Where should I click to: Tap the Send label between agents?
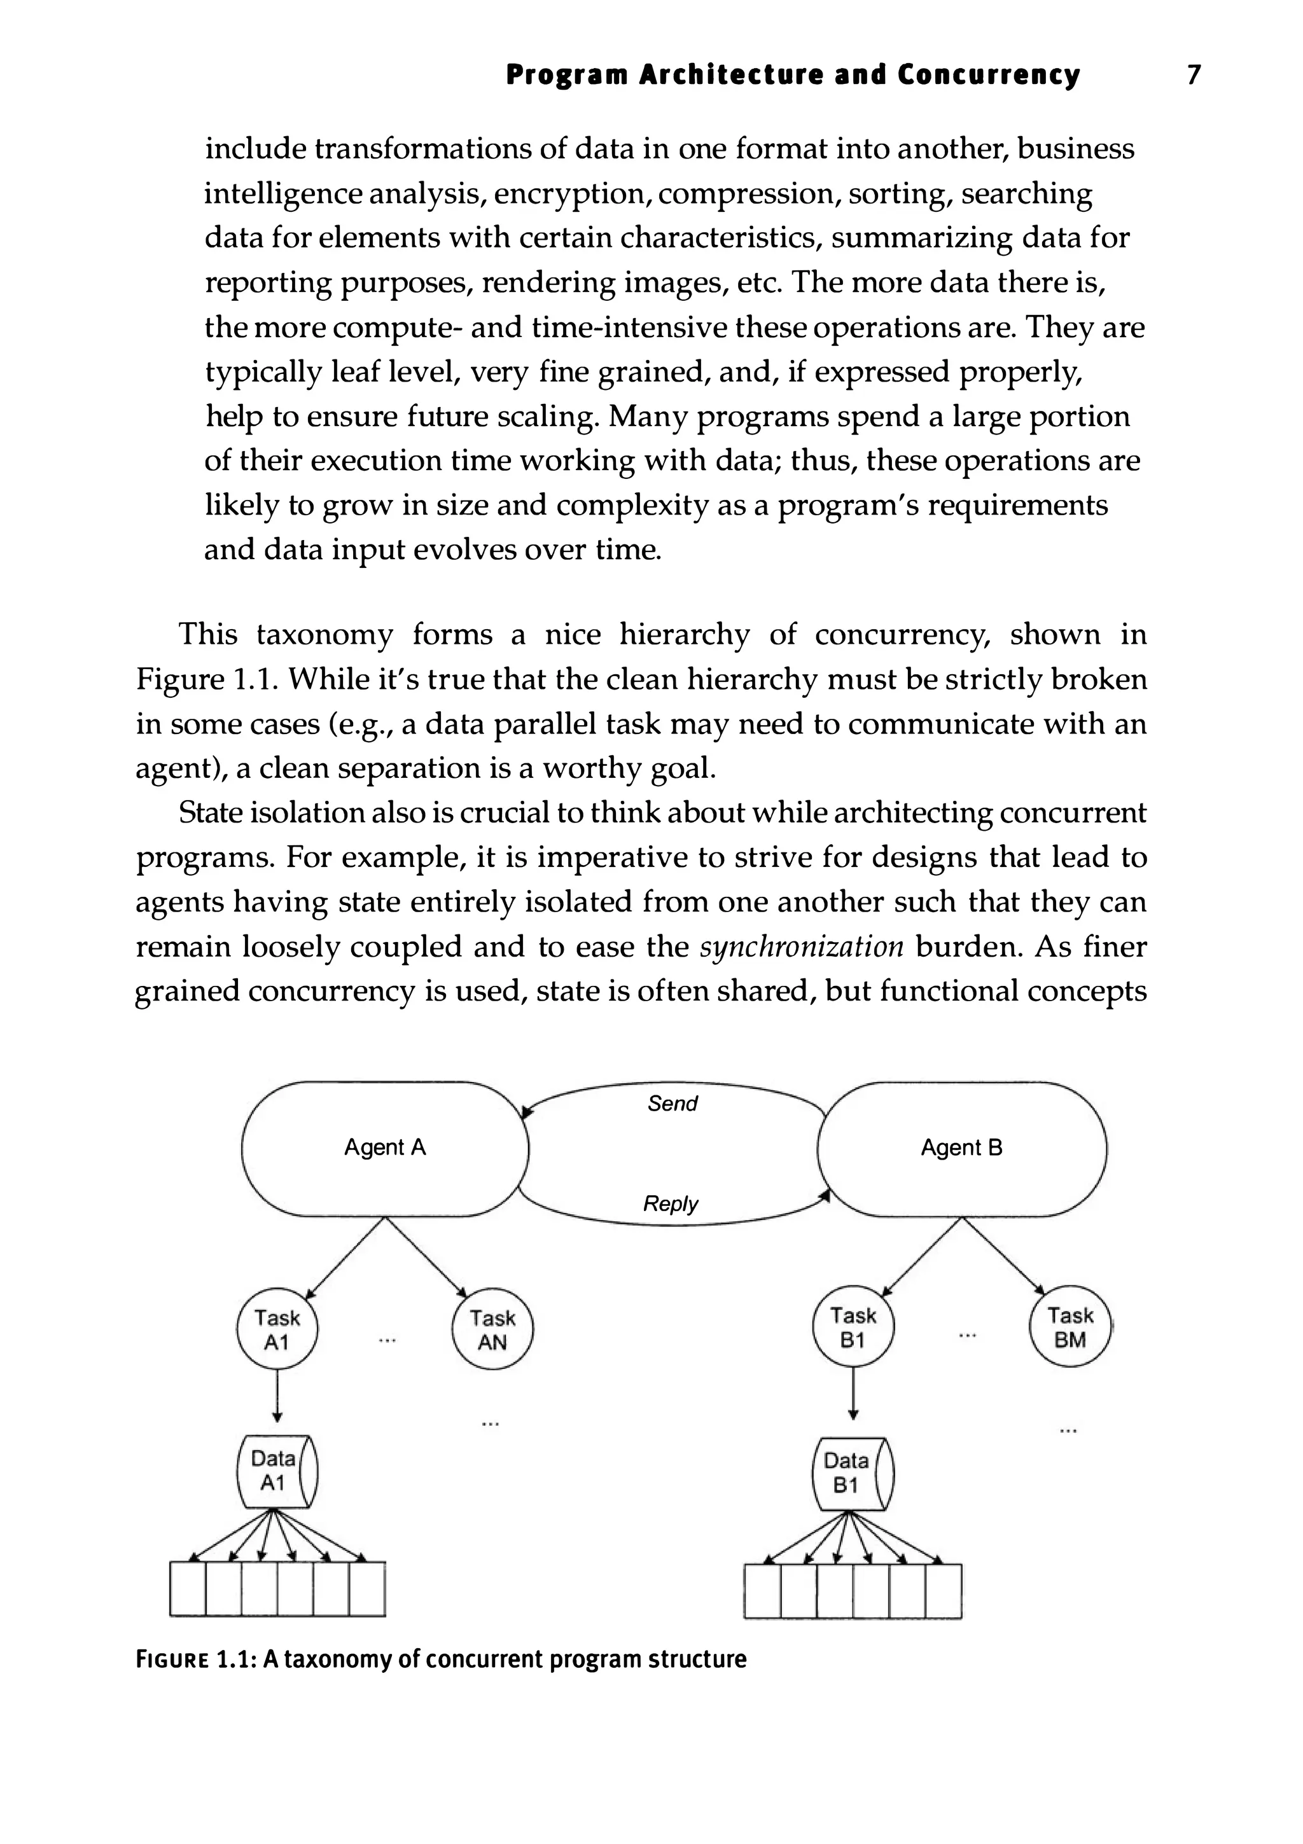[672, 1104]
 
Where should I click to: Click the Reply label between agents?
[671, 1203]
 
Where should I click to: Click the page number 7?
[1194, 74]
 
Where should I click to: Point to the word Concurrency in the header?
[988, 74]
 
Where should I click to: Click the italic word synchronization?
[802, 947]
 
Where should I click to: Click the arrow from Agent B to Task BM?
[1004, 1255]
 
